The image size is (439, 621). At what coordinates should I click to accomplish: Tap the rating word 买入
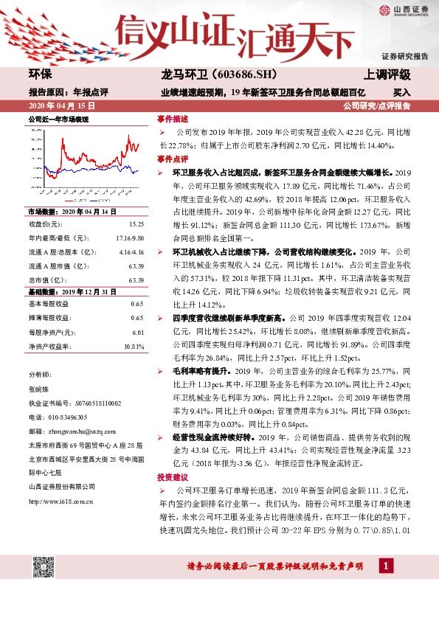401,94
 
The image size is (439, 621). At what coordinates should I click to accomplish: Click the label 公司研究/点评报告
384,106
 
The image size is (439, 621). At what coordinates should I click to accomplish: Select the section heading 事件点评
173,159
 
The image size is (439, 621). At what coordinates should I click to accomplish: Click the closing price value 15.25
136,223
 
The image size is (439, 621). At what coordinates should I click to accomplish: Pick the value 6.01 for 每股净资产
136,332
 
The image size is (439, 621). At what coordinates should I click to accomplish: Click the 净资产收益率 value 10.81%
133,345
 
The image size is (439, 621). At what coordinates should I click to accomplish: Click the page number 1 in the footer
384,566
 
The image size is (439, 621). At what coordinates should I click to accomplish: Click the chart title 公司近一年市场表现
58,119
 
